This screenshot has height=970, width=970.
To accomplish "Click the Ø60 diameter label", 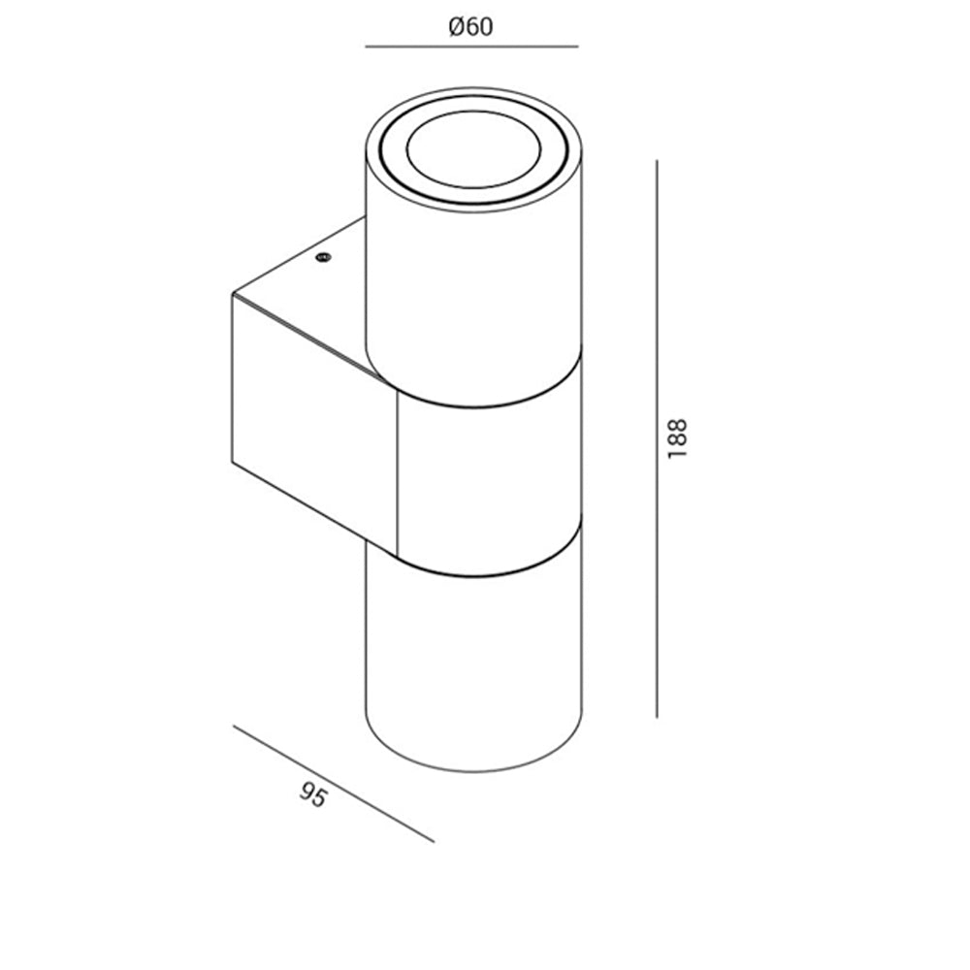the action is point(470,27).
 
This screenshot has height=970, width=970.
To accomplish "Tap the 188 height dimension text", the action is point(678,438).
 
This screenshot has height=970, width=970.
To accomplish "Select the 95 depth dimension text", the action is point(313,795).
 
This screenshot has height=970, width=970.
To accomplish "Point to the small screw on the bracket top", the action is point(323,257).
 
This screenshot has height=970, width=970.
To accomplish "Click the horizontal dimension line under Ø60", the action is point(471,47).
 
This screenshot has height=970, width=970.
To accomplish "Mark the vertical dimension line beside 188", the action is point(657,438).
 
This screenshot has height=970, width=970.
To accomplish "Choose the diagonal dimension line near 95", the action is point(334,783).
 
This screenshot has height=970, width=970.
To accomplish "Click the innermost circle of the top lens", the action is point(474,149).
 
